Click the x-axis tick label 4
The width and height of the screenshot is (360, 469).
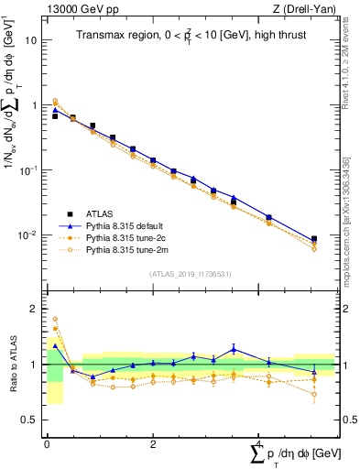(257, 444)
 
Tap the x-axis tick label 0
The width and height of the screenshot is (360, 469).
(46, 444)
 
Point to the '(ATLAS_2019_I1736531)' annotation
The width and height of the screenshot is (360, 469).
(191, 273)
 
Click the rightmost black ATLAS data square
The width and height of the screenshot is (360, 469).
(314, 239)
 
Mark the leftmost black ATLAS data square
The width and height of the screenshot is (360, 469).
(55, 116)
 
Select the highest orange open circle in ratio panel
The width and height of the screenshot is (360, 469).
(55, 320)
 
